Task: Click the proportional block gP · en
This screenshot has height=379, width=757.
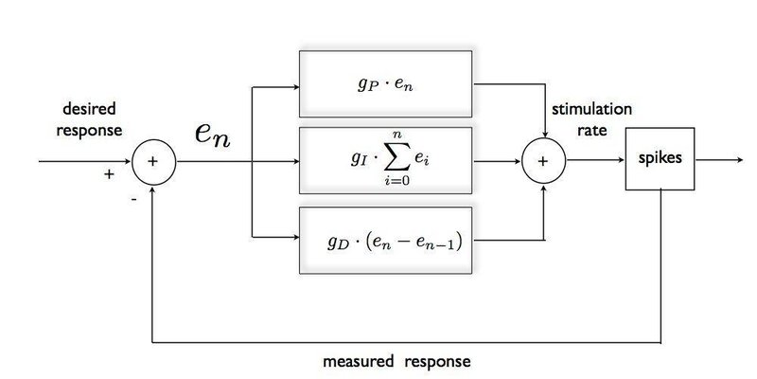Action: (x=387, y=86)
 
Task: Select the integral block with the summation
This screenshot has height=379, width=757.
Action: (x=387, y=162)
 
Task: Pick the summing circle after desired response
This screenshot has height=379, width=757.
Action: (x=152, y=161)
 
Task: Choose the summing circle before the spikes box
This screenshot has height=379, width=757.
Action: (x=543, y=161)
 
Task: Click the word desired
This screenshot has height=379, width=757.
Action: (x=86, y=110)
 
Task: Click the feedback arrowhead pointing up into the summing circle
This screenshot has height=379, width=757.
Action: (x=152, y=186)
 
